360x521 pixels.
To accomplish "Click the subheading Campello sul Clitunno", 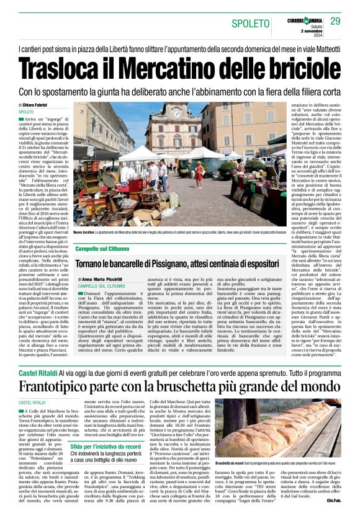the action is click(107, 248).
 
